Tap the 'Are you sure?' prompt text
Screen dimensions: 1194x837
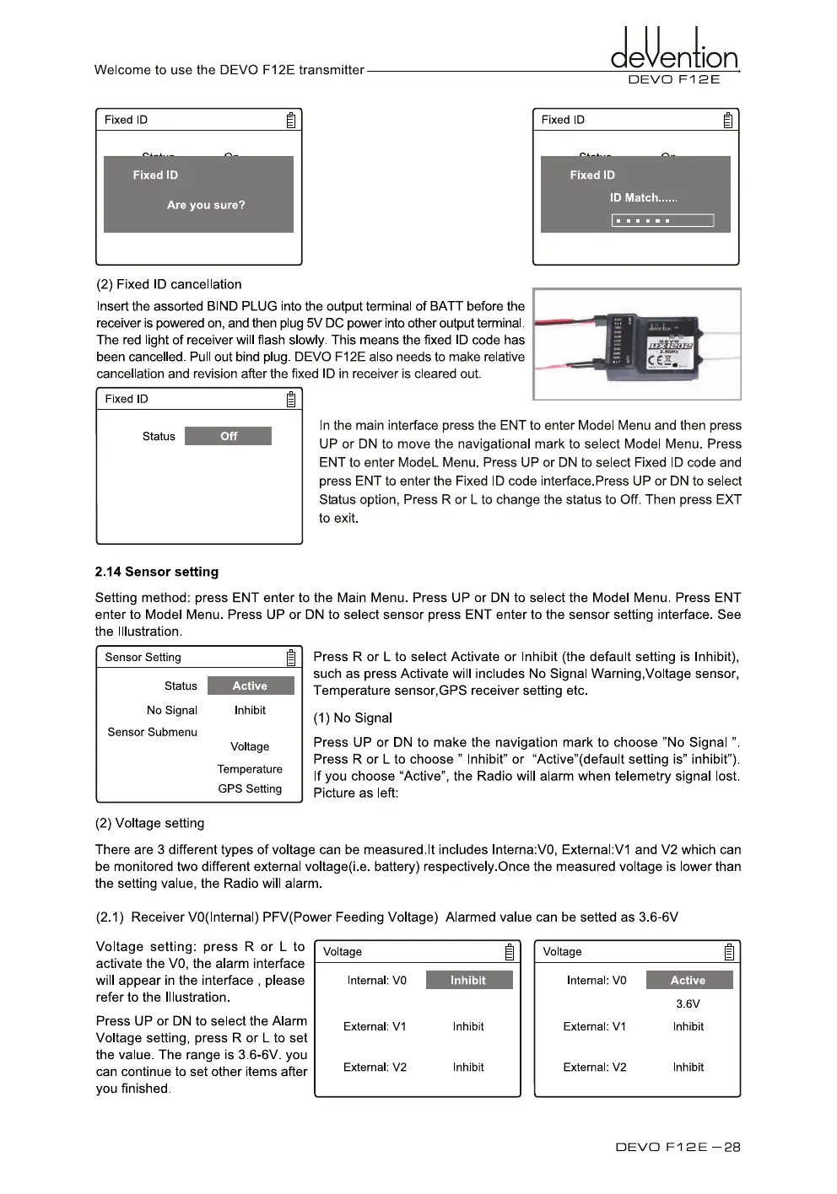[206, 205]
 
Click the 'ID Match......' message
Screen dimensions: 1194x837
[643, 198]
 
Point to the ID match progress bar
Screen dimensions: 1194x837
[662, 221]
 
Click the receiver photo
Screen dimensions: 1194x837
[638, 344]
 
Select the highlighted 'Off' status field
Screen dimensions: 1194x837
[228, 436]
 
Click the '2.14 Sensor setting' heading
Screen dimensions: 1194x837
[157, 572]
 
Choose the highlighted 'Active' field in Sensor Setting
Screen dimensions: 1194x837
[251, 686]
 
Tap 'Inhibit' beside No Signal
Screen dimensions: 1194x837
[250, 711]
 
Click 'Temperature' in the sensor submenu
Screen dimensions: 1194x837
[250, 769]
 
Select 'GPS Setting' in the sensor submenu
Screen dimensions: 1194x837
[250, 789]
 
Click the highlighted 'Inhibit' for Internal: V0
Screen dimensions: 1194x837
[468, 981]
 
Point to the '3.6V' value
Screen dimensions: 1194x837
[688, 1004]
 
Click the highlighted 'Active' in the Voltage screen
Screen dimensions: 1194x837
[688, 981]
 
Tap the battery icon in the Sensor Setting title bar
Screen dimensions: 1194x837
[291, 658]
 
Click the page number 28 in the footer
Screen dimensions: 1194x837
[732, 1148]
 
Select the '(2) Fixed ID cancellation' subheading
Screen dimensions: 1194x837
[169, 285]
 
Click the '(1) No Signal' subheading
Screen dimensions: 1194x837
[353, 718]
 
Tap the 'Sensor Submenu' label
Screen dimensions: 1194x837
[152, 733]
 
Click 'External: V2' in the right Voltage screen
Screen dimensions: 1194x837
[595, 1068]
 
